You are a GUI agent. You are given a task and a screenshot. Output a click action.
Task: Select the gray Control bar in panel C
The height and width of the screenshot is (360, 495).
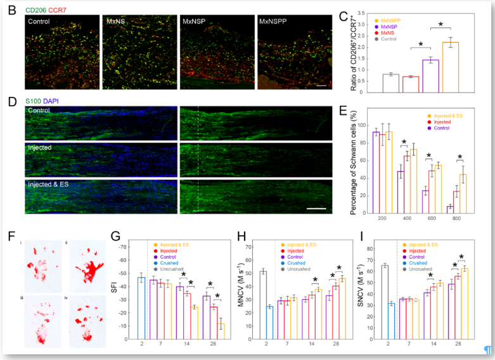tap(391, 83)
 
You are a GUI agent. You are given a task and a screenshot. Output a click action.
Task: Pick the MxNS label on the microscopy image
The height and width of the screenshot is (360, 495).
tap(115, 21)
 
